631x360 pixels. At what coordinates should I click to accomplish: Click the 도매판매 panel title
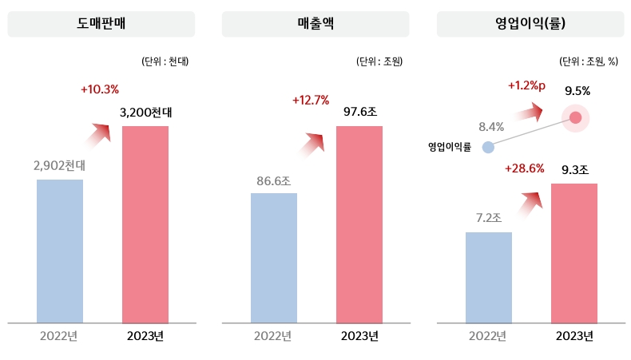101,24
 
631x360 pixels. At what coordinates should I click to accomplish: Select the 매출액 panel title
315,24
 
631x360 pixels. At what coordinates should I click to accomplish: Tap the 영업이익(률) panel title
530,24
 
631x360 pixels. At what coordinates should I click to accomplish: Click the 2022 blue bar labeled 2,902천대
60,251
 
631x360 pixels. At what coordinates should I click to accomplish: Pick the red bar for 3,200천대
145,224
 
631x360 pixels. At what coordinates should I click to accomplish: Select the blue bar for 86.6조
274,258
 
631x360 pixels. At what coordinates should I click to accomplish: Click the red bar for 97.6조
359,224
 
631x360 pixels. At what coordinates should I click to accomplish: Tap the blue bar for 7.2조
489,277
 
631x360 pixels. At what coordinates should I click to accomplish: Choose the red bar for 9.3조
574,253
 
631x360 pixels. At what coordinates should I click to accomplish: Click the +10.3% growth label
100,89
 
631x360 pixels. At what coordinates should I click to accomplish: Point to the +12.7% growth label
311,101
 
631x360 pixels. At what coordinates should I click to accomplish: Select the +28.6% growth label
525,168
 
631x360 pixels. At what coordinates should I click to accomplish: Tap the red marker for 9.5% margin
576,118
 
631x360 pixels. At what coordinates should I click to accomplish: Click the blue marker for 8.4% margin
489,147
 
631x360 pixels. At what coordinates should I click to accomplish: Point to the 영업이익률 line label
450,147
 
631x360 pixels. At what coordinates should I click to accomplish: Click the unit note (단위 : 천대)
165,61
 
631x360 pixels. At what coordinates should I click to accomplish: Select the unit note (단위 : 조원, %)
587,61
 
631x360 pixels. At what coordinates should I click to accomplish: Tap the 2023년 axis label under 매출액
359,336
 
